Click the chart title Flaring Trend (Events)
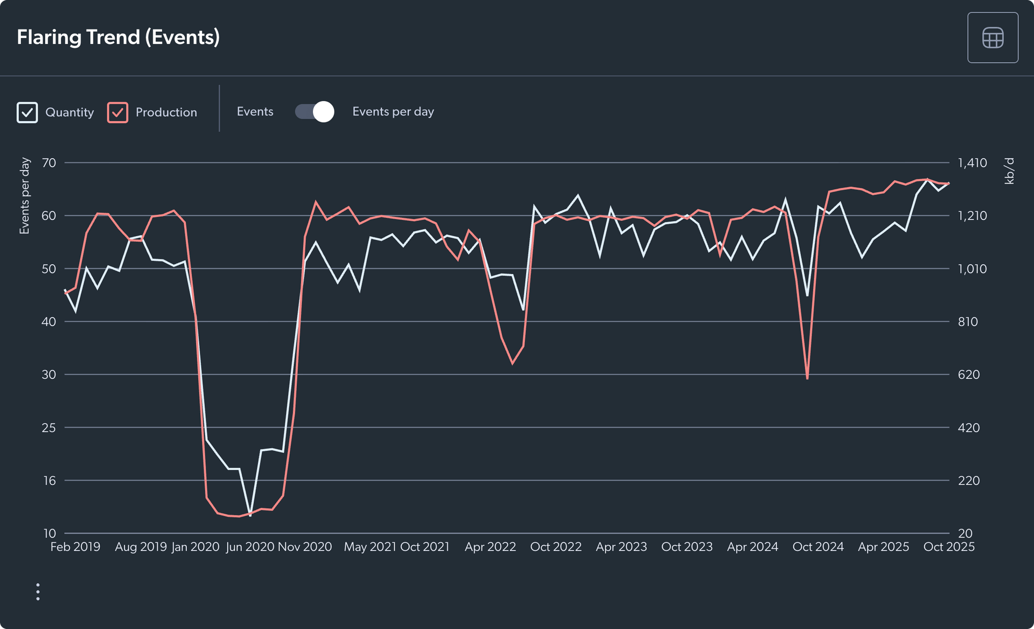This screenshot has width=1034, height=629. tap(118, 37)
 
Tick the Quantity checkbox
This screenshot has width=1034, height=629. tap(27, 112)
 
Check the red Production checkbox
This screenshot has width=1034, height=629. tap(117, 112)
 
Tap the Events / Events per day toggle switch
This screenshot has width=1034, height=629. tap(315, 112)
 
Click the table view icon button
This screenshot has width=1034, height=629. tap(992, 38)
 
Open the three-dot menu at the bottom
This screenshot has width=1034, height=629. tap(38, 591)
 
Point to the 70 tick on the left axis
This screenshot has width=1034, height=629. tap(49, 162)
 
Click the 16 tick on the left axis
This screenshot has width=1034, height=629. tap(50, 480)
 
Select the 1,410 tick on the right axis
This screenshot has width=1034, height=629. tap(972, 162)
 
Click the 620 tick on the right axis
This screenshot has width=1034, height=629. tap(968, 374)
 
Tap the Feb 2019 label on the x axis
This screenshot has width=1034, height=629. tap(75, 547)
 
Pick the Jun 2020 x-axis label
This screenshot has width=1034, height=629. tap(250, 547)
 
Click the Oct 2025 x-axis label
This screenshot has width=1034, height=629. tap(948, 547)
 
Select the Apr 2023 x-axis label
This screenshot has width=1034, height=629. tap(621, 547)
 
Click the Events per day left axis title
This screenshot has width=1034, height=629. tap(24, 196)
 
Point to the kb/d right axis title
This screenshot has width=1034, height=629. tap(1009, 171)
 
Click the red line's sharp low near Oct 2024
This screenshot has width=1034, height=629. tap(807, 378)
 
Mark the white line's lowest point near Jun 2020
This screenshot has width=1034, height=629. tap(250, 515)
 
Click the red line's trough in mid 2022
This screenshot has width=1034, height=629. tap(513, 364)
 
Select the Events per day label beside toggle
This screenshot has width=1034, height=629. tap(393, 111)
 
